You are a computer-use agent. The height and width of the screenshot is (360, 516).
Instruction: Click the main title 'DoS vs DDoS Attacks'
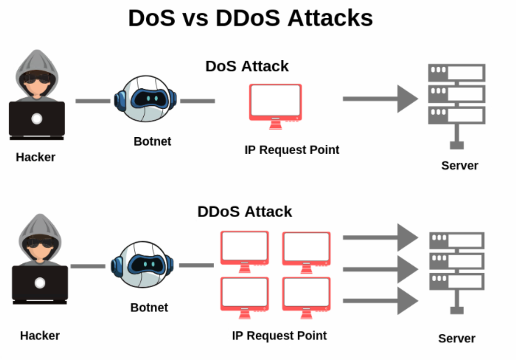pyautogui.click(x=251, y=19)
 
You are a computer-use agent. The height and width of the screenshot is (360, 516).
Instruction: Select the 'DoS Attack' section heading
pyautogui.click(x=247, y=66)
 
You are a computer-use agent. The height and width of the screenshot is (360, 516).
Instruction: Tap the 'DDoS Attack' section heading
pyautogui.click(x=244, y=212)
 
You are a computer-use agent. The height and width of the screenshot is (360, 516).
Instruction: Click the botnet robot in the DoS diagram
pyautogui.click(x=146, y=99)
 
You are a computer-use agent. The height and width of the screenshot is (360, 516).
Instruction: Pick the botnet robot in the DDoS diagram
pyautogui.click(x=142, y=265)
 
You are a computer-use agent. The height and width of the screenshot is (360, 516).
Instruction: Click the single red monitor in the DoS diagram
pyautogui.click(x=275, y=103)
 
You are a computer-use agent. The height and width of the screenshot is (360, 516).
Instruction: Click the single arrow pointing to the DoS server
pyautogui.click(x=380, y=99)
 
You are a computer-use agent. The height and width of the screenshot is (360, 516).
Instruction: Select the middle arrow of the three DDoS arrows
pyautogui.click(x=380, y=269)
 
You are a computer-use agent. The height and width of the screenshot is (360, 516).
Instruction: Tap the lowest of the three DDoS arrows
pyautogui.click(x=380, y=301)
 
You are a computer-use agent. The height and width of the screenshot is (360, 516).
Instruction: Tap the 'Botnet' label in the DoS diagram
pyautogui.click(x=152, y=141)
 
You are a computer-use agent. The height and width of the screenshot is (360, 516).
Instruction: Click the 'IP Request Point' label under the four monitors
pyautogui.click(x=279, y=335)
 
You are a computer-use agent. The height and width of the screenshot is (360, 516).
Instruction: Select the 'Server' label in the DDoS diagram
pyautogui.click(x=456, y=339)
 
